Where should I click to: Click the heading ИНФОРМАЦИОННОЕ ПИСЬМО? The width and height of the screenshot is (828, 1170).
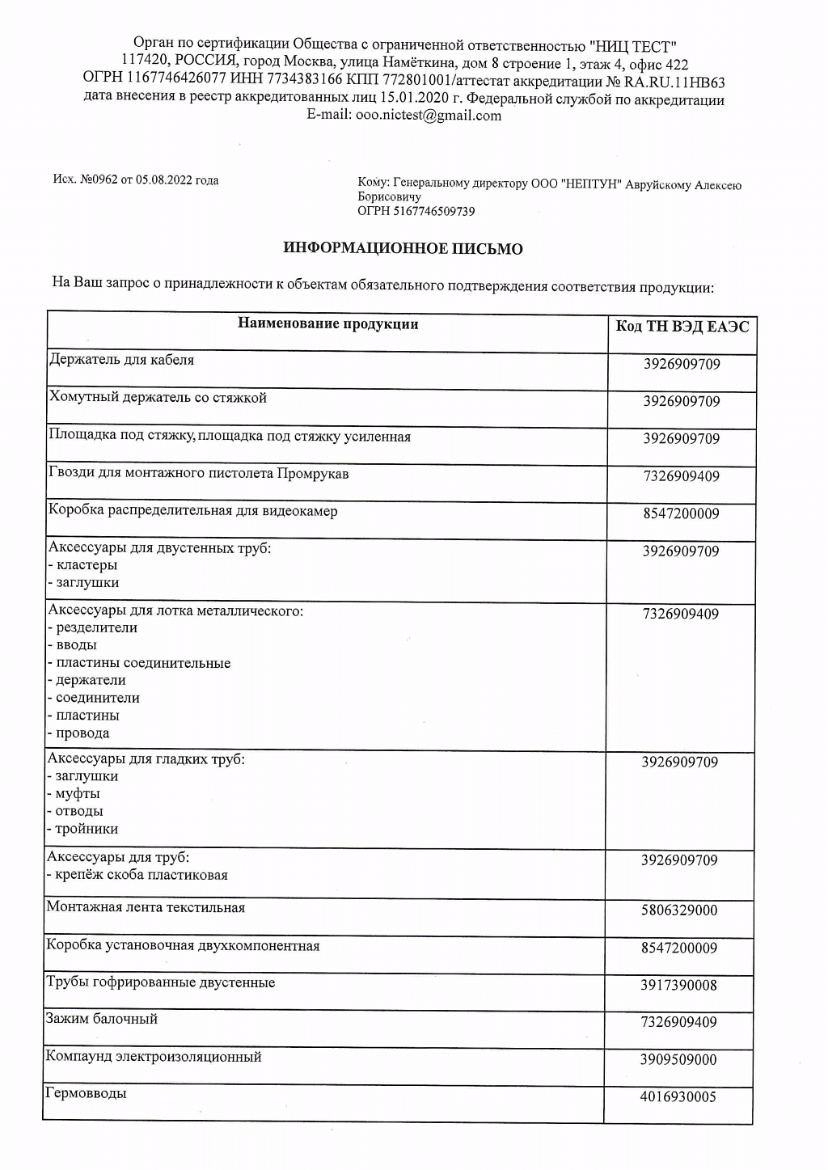[403, 249]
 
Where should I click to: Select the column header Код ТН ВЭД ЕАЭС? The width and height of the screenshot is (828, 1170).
[682, 327]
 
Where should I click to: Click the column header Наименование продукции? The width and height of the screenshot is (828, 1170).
[327, 324]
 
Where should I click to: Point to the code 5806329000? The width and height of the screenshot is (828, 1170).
[679, 910]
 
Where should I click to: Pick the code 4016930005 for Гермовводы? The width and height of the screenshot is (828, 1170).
[679, 1097]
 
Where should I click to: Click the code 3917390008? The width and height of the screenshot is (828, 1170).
[679, 986]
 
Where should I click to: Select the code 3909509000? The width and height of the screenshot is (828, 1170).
[679, 1060]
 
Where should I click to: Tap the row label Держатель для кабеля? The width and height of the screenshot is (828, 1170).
[121, 360]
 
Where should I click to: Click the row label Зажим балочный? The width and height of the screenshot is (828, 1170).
[102, 1019]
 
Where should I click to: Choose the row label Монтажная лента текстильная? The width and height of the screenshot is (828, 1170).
[146, 907]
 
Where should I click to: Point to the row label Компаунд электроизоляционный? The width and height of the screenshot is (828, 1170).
[154, 1057]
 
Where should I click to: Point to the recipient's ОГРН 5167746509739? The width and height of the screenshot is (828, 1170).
[416, 212]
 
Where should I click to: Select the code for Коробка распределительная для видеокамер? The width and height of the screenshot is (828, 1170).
[681, 514]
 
